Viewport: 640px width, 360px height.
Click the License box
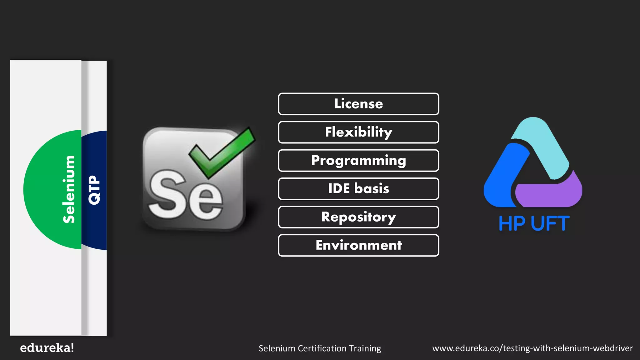point(358,104)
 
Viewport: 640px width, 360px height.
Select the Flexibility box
point(358,132)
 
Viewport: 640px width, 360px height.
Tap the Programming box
point(358,161)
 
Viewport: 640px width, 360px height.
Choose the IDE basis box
point(358,189)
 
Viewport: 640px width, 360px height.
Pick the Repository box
point(358,217)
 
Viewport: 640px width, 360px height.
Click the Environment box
point(358,245)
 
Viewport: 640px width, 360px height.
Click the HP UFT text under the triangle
point(534,224)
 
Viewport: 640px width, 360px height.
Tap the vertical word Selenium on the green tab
point(69,189)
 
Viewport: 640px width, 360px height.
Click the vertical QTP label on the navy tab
point(94,190)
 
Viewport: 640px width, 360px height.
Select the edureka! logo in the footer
point(47,348)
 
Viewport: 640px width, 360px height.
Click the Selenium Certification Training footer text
point(320,348)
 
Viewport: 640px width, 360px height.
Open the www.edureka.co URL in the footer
point(532,348)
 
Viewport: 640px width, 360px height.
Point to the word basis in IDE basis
point(372,189)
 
